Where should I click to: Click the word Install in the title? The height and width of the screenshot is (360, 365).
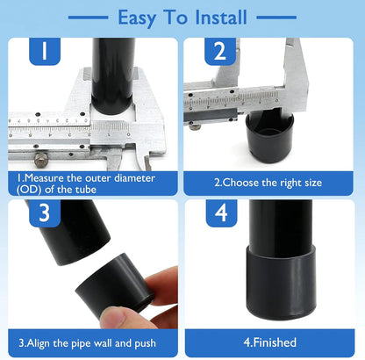pos(221,18)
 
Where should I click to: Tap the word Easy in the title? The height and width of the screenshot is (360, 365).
pos(137,18)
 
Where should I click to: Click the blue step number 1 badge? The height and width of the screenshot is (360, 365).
pos(45,51)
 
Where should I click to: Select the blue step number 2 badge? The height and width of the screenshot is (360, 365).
pos(220,51)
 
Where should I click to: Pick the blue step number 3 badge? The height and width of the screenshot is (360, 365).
pos(45,213)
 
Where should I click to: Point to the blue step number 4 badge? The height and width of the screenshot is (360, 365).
pos(221,213)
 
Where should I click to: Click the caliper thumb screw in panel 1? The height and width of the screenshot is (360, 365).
pos(41,160)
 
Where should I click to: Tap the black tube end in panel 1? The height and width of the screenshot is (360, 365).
pos(113,76)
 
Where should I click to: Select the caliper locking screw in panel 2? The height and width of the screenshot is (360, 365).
pos(195,126)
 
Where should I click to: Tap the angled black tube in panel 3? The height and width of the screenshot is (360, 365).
pos(70,231)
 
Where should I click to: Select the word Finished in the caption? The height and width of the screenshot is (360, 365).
pos(275,342)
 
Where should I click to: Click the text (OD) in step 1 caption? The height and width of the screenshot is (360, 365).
pos(29,190)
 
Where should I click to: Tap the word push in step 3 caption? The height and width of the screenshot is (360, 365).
pos(145,343)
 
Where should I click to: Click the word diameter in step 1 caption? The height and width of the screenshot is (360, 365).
pos(134,178)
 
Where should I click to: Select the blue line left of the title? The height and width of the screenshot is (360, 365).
pos(88,18)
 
